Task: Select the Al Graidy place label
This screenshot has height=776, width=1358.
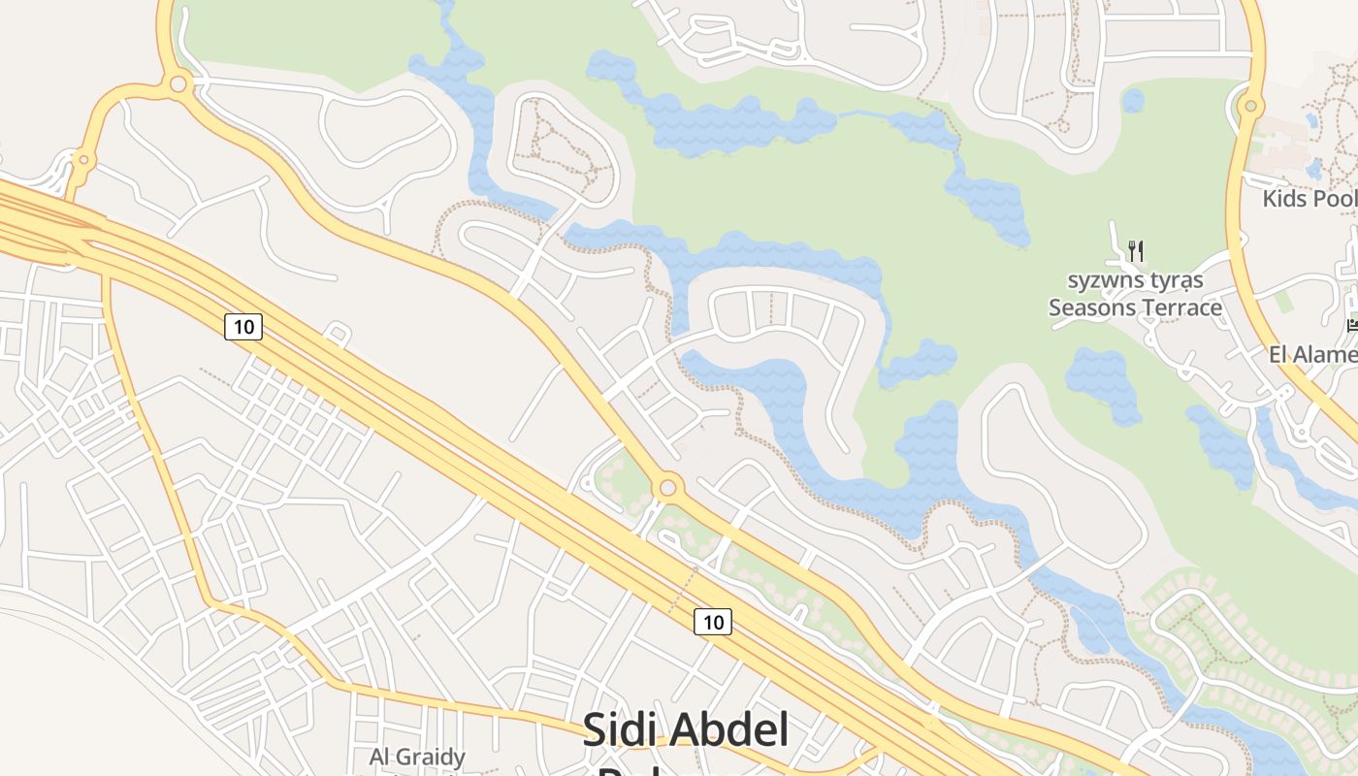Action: point(417,757)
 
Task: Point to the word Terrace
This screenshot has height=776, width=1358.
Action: point(1180,307)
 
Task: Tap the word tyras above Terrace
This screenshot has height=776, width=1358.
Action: point(1175,280)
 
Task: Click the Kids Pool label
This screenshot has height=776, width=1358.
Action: point(1309,199)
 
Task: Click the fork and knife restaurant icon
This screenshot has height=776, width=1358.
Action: point(1136,251)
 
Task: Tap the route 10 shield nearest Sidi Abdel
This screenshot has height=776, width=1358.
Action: point(713,622)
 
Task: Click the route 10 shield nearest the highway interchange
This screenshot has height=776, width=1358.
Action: point(243,327)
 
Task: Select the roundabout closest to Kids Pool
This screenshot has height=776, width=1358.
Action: point(1251,106)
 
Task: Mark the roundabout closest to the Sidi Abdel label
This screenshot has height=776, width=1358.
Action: point(667,487)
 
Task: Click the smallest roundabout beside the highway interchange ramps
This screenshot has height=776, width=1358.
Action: point(84,159)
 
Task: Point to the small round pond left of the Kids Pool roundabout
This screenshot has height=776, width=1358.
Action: point(1132,100)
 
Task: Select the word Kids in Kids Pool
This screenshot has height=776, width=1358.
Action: point(1284,199)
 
